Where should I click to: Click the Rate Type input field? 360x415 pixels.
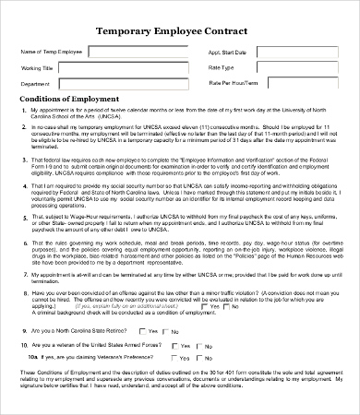tap(296, 67)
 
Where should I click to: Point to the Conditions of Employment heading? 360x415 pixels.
tap(69, 100)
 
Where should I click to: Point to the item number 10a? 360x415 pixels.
tap(32, 356)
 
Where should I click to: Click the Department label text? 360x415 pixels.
tap(35, 83)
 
